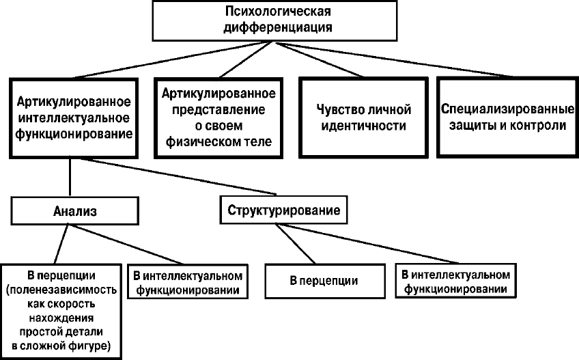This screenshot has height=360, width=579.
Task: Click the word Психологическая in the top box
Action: click(x=278, y=13)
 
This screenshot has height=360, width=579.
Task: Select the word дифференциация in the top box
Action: click(x=278, y=27)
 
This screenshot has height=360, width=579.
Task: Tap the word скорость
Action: click(x=81, y=303)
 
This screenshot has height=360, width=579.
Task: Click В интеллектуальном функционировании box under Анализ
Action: click(x=186, y=283)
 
